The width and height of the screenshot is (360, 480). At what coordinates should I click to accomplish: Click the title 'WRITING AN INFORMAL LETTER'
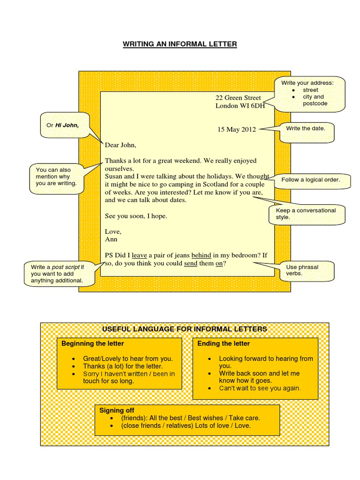coord(180,45)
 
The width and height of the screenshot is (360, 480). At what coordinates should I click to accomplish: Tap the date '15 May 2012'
coord(236,129)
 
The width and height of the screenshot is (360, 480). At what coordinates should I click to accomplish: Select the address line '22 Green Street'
coord(238,97)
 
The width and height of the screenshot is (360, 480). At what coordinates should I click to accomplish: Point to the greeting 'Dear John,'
coord(120,145)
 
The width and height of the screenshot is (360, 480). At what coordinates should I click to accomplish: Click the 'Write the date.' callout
coord(305,128)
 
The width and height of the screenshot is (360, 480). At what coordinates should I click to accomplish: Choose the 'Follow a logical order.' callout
coord(310,180)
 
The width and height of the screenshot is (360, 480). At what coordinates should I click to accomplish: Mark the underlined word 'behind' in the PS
coord(201,255)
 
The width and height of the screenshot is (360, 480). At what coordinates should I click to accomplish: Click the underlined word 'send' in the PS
coord(191,263)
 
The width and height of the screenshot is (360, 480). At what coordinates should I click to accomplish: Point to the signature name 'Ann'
coord(111,239)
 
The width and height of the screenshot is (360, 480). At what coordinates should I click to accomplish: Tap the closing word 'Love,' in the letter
coord(113,232)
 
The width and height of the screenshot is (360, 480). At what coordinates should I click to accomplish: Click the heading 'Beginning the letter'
coord(93,344)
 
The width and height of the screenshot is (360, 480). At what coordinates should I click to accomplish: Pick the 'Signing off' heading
coord(117,410)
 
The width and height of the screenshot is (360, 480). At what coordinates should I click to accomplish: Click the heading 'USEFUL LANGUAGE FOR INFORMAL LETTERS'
coord(185,329)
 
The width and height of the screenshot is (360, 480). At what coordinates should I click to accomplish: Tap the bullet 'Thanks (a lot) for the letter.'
coord(123,366)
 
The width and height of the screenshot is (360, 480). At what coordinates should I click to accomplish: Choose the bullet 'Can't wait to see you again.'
coord(260,388)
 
